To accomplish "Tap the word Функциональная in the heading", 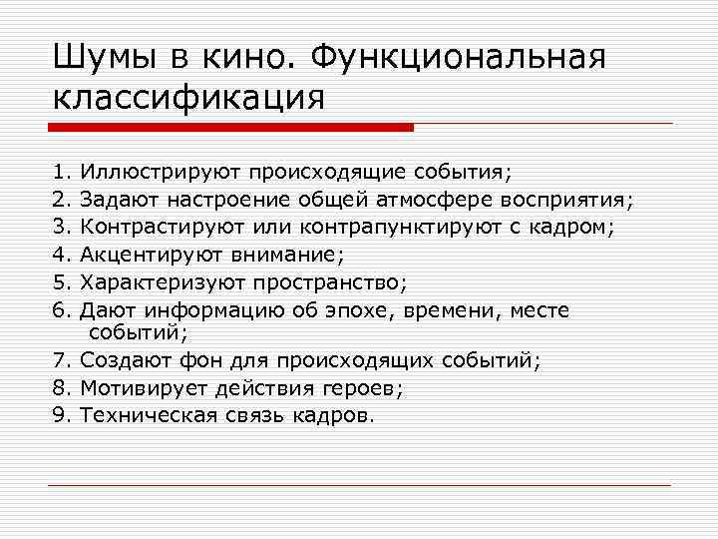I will (x=458, y=58).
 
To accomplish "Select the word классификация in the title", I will (x=188, y=98).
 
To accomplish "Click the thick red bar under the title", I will (x=229, y=128).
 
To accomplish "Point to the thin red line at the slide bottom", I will (x=359, y=485).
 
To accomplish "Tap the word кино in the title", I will (x=251, y=58).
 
